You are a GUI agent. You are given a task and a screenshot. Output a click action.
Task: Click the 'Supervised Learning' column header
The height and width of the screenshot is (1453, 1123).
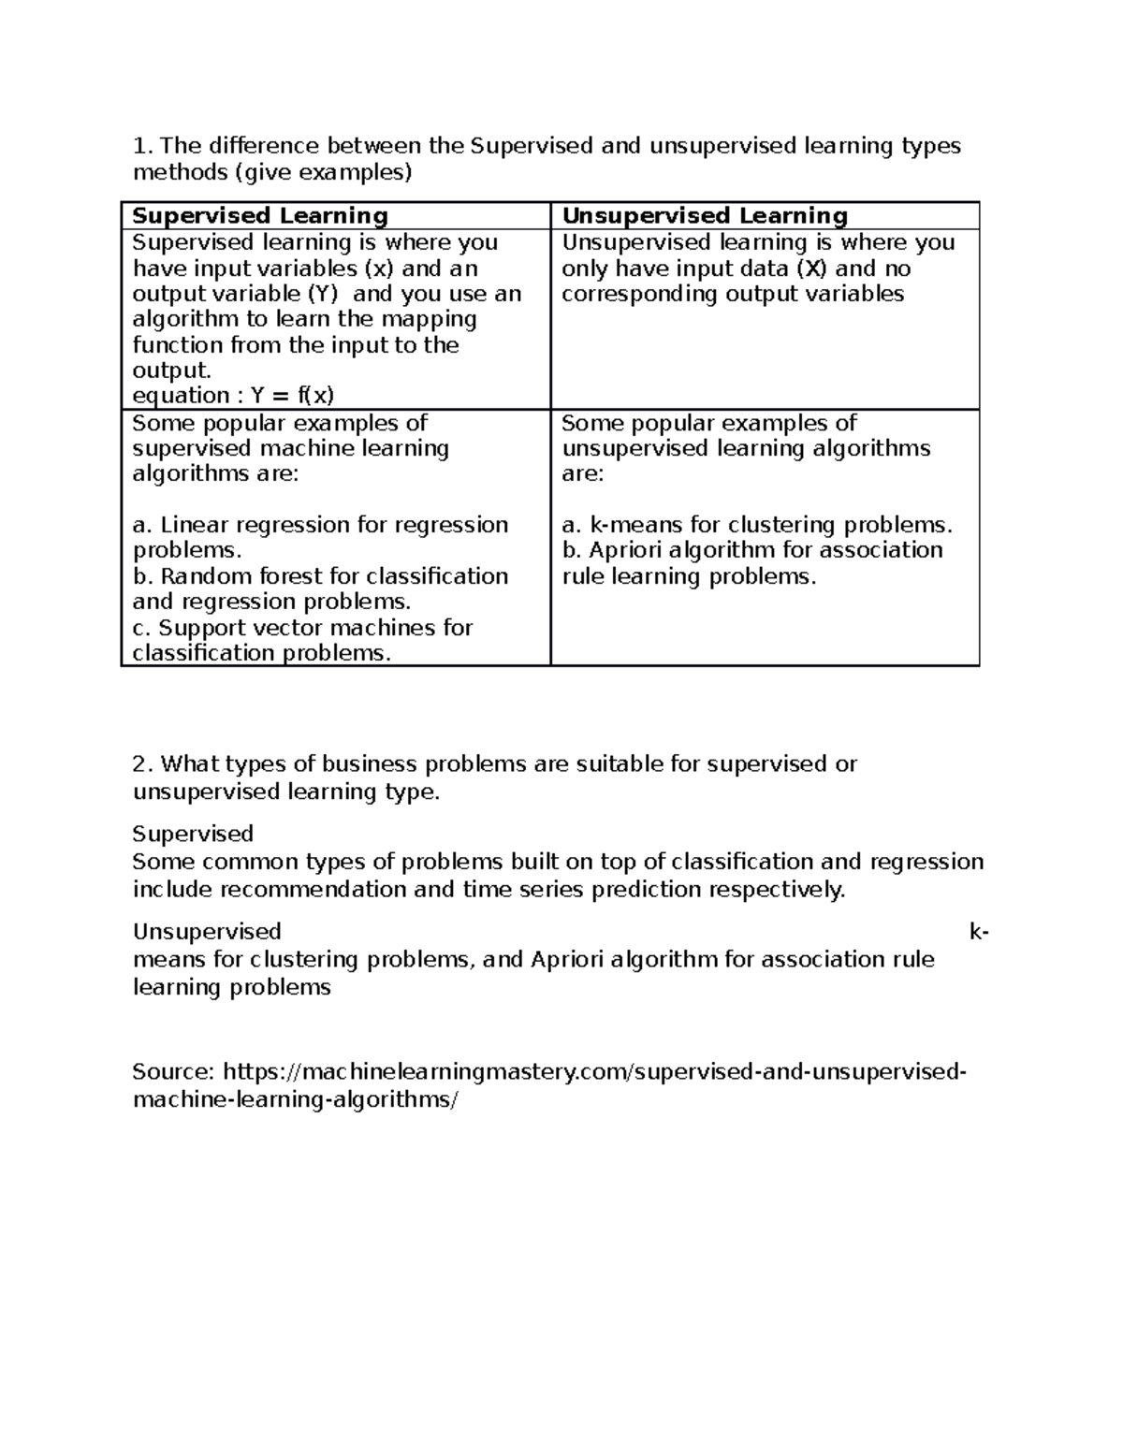tap(260, 216)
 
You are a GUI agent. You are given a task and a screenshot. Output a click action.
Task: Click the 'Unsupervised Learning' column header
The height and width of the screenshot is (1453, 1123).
tap(704, 216)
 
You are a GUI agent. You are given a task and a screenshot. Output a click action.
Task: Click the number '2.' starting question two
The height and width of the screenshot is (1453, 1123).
tap(142, 764)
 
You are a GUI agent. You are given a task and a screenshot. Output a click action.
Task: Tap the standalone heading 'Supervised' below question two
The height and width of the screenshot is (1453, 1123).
tap(193, 834)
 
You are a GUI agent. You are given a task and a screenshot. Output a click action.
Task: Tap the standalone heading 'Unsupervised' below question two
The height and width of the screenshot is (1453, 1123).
tap(207, 932)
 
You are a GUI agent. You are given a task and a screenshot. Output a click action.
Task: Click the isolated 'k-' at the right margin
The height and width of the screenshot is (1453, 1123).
tap(979, 932)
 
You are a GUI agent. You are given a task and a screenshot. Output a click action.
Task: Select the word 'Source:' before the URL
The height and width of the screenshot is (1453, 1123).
tap(174, 1071)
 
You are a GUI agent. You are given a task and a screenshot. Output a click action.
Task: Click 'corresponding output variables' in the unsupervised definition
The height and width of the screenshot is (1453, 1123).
tap(733, 294)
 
